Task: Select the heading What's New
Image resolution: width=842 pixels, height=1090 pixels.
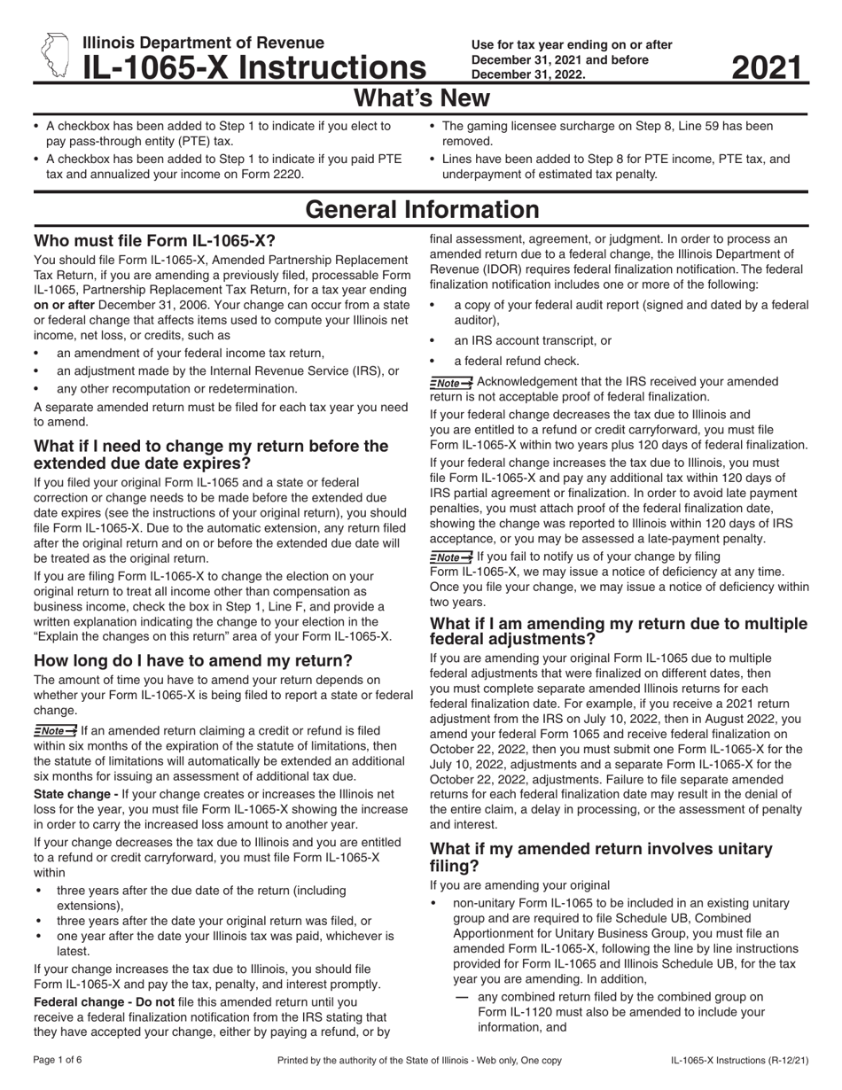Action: (421, 96)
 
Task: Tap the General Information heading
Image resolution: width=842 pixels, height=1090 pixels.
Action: (421, 210)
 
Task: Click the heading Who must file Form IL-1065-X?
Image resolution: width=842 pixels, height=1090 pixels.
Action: (154, 240)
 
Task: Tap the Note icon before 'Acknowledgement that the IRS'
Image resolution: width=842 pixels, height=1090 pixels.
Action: (450, 382)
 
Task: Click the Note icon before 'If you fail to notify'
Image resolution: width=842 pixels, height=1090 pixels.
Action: (450, 557)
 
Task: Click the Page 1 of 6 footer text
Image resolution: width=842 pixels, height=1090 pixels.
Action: (58, 1060)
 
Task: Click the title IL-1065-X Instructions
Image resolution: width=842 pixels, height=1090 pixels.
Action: (253, 67)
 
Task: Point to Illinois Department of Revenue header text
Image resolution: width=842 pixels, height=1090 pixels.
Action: (203, 43)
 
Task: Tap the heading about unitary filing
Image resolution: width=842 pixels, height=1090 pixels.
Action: (600, 857)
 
